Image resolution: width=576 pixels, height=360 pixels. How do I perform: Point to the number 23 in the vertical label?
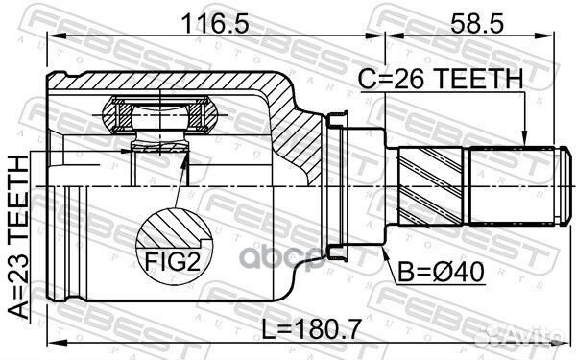coord(17,263)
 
